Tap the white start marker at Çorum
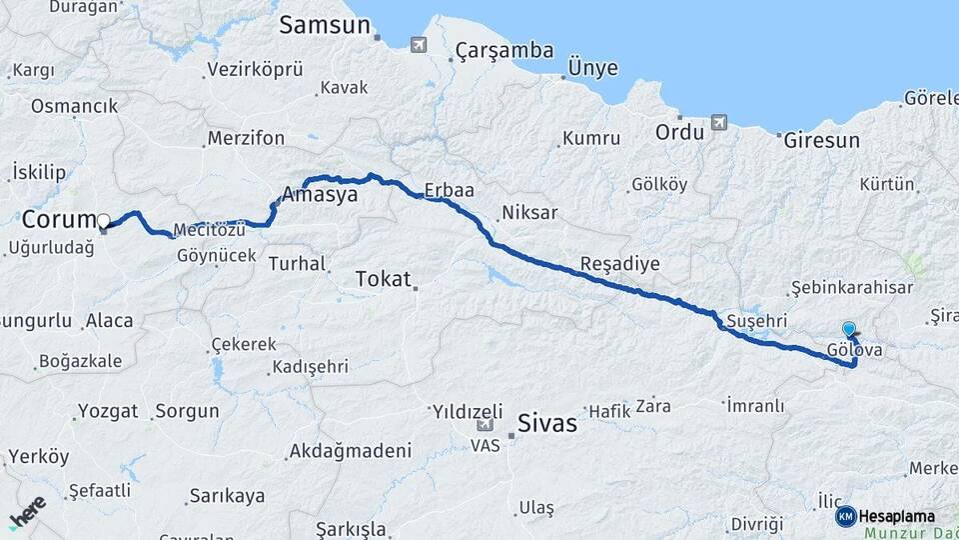(103, 220)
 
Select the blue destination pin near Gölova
(849, 329)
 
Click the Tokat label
(384, 279)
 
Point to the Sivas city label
(547, 423)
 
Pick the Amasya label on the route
(320, 195)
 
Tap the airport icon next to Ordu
(718, 123)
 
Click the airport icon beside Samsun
(418, 44)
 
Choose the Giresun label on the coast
(821, 140)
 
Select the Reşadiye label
(619, 265)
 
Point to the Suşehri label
(757, 320)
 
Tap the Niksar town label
(529, 213)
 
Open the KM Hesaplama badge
(885, 516)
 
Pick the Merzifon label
(246, 138)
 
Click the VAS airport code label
(485, 447)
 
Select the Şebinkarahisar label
(851, 288)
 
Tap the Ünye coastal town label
(592, 68)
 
